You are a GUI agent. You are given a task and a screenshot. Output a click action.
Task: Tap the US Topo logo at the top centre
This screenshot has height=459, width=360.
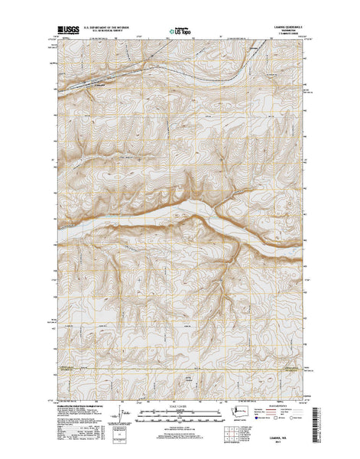tap(180, 33)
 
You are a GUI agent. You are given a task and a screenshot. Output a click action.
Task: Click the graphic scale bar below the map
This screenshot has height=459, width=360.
tap(180, 413)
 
